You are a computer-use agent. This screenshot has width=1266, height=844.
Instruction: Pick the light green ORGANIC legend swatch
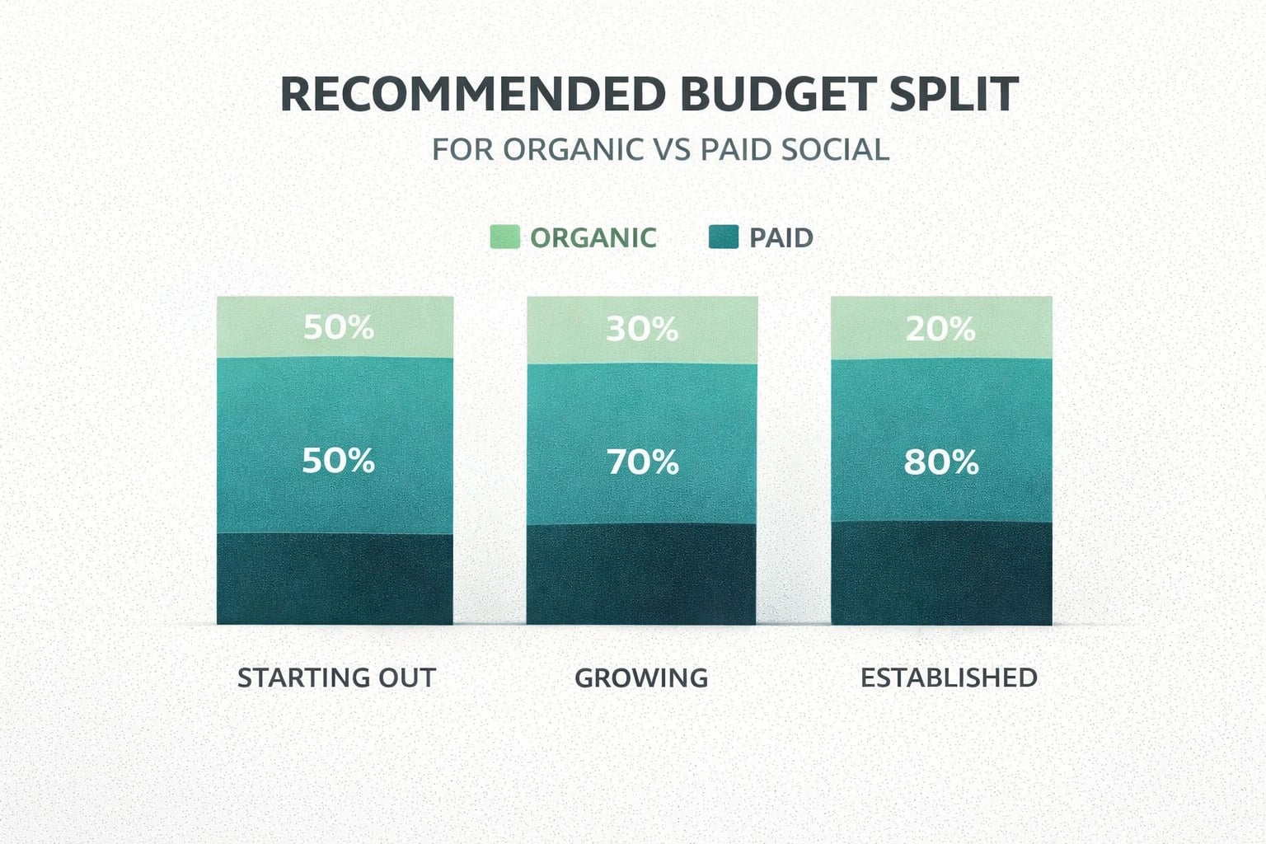tap(504, 237)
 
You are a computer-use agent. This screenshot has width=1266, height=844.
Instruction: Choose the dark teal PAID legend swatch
tap(724, 237)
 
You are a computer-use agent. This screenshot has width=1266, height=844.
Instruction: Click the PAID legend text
tap(781, 238)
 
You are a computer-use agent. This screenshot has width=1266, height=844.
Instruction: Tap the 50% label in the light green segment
tap(338, 328)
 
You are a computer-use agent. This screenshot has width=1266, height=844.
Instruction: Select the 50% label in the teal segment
tap(338, 461)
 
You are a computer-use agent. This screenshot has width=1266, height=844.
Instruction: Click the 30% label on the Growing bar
tap(642, 330)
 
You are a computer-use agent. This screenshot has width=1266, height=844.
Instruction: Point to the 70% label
tap(643, 462)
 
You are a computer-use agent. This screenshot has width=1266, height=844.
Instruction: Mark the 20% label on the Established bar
tap(940, 330)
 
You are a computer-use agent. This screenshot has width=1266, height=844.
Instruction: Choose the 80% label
tap(940, 462)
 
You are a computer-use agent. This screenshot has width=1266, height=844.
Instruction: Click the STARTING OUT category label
tap(336, 678)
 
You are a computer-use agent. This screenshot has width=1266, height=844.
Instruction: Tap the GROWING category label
tap(641, 678)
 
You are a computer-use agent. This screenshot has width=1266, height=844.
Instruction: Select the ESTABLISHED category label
tap(949, 678)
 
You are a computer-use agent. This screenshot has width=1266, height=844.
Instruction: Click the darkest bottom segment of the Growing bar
tap(641, 574)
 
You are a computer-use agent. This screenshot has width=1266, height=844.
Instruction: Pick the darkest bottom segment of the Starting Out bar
tap(335, 579)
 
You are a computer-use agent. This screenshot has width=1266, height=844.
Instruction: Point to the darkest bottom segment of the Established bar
tap(941, 573)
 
